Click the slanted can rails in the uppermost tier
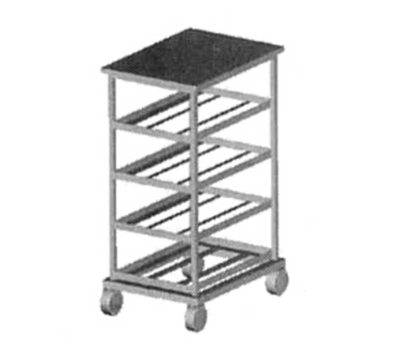(x=196, y=112)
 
